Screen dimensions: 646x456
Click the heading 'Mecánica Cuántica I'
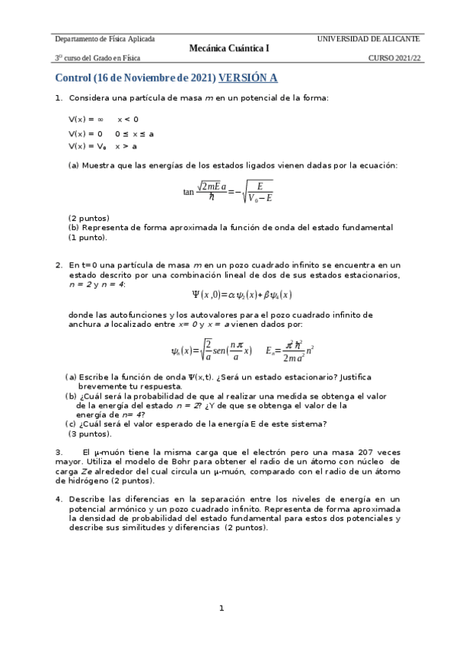(x=229, y=48)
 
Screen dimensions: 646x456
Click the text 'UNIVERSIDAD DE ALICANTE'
(x=368, y=38)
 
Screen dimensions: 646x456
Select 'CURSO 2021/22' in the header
(x=394, y=58)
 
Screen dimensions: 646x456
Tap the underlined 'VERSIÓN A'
(x=248, y=78)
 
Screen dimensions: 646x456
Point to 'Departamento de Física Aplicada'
(x=105, y=38)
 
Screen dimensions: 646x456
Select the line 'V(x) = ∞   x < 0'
(x=104, y=120)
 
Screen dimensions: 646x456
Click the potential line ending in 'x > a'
(x=103, y=146)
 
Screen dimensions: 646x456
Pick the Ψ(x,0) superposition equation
(x=242, y=295)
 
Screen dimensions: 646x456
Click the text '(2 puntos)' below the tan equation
(x=89, y=218)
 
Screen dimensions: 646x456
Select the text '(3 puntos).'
(x=90, y=434)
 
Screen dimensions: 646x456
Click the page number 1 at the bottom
(x=222, y=608)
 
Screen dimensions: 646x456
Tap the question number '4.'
(x=59, y=499)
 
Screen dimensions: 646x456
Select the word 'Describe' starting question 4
(x=88, y=499)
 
